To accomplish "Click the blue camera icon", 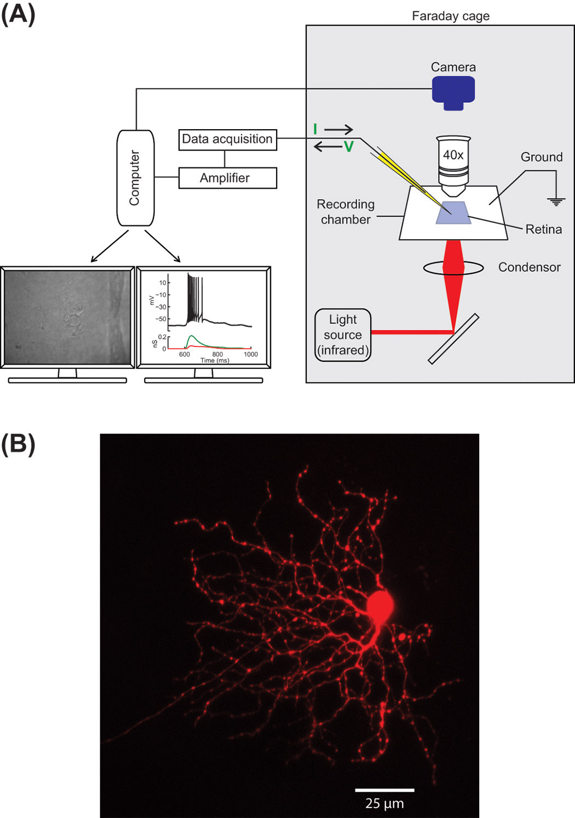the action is tap(453, 93).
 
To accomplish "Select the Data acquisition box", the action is tap(228, 140).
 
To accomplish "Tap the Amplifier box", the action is tap(228, 178).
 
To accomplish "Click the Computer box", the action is tap(136, 178).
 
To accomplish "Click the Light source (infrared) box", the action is tap(343, 335).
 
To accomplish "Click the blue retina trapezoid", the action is tap(453, 212).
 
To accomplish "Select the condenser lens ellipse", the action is tap(453, 268).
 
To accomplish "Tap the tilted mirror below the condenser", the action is tap(453, 339).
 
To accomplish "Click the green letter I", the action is tap(315, 129).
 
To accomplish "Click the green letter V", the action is tap(349, 147).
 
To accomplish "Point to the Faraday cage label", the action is tap(451, 16).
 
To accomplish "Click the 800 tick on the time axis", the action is tap(217, 354).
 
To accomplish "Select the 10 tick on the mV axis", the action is tap(163, 283).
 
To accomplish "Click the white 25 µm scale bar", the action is tap(385, 790).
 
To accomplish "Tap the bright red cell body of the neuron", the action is tap(380, 605).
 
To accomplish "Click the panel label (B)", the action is tap(18, 444).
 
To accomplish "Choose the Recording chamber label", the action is tap(346, 212).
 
